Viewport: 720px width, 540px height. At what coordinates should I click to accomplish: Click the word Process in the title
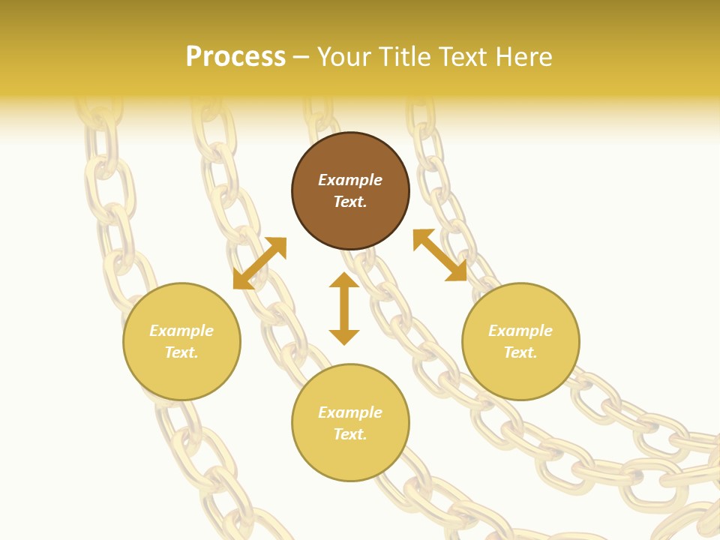point(235,57)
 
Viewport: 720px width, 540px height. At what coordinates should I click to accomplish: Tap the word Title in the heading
point(407,57)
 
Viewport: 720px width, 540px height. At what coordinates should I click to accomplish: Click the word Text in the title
point(464,57)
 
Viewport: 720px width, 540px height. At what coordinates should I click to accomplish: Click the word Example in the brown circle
point(350,180)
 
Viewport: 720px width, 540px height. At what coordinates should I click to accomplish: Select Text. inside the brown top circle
point(350,202)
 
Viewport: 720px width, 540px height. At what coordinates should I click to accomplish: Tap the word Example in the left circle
point(181,331)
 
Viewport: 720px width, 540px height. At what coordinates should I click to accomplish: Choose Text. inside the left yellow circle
point(181,352)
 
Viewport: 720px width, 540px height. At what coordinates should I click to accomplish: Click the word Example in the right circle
point(520,331)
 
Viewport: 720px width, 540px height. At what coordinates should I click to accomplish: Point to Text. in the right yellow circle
point(520,352)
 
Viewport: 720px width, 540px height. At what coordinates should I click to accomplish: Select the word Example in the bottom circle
point(350,412)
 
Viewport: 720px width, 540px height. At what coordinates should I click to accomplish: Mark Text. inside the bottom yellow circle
point(350,434)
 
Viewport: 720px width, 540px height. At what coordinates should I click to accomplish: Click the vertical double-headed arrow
point(344,308)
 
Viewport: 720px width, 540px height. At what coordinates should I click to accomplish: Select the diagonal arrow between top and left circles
point(259,263)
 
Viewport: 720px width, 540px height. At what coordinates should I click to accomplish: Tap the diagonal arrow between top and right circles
point(440,255)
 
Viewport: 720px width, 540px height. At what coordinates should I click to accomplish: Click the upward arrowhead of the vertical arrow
point(344,279)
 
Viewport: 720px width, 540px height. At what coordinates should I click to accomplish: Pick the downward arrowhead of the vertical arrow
point(344,337)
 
